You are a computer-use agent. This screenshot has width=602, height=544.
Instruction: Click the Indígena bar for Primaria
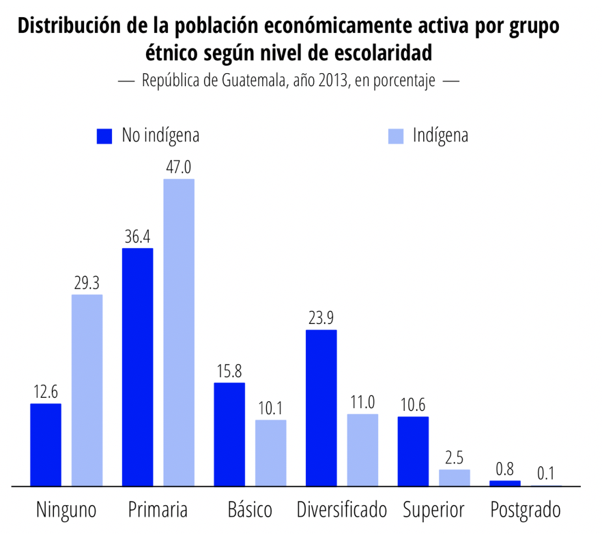[178, 332]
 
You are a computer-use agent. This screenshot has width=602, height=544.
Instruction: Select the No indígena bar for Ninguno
[46, 444]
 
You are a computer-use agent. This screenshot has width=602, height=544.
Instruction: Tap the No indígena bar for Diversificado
[321, 407]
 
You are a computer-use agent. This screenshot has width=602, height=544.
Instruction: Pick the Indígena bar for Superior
[454, 477]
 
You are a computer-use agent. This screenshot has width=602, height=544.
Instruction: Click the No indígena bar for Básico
[229, 434]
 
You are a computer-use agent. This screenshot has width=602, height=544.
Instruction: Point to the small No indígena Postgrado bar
[505, 482]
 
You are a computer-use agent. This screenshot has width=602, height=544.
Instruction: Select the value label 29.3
[87, 283]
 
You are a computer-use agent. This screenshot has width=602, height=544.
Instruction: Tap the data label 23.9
[321, 318]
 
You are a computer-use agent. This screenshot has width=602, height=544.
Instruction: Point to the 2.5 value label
[454, 458]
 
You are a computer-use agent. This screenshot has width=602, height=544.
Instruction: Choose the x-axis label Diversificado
[341, 510]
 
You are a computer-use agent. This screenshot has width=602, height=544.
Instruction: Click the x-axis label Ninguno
[66, 510]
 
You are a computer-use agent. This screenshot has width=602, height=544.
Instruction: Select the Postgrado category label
[526, 510]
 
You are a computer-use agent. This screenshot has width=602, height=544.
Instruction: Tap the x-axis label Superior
[433, 510]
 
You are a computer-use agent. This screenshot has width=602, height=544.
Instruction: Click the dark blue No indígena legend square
[104, 136]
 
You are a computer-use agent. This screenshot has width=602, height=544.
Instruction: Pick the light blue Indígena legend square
[396, 136]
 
